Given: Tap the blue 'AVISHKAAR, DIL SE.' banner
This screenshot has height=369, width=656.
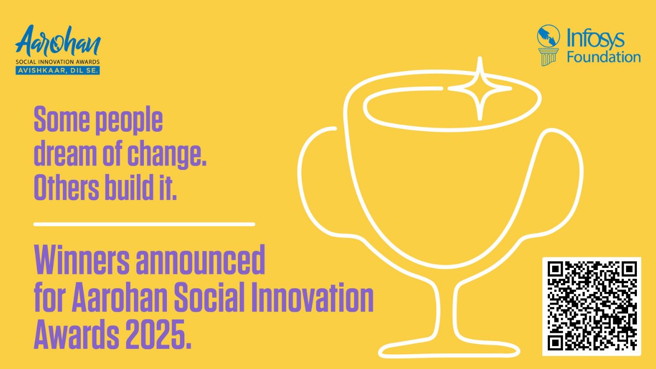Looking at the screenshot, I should (58, 70).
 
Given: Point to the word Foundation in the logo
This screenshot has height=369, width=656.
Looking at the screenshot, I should (604, 57).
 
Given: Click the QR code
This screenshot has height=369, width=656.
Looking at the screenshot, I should (591, 306).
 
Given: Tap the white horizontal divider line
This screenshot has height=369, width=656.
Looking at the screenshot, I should (144, 224).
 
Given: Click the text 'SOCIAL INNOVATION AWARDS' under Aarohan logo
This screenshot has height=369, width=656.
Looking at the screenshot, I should (58, 62).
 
